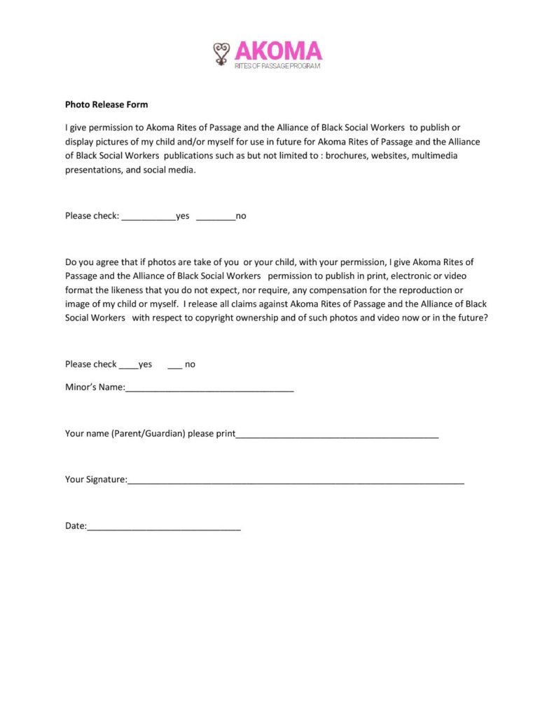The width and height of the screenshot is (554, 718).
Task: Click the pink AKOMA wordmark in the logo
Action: click(x=278, y=50)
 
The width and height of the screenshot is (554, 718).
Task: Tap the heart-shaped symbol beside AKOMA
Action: click(x=222, y=53)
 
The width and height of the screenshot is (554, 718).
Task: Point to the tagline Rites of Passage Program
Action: click(x=277, y=66)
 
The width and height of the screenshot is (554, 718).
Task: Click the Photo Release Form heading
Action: click(x=106, y=104)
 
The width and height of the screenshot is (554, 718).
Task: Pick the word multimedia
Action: click(x=435, y=156)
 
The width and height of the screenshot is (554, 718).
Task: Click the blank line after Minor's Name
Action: click(x=209, y=389)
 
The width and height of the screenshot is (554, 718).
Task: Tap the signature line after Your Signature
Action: click(x=296, y=482)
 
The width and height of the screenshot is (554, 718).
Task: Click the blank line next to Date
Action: click(x=164, y=527)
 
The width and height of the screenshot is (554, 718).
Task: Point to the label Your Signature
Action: click(x=95, y=480)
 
